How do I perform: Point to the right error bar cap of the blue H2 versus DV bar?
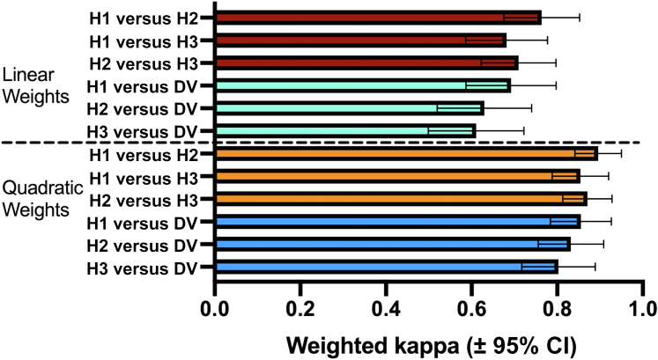click(x=603, y=244)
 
